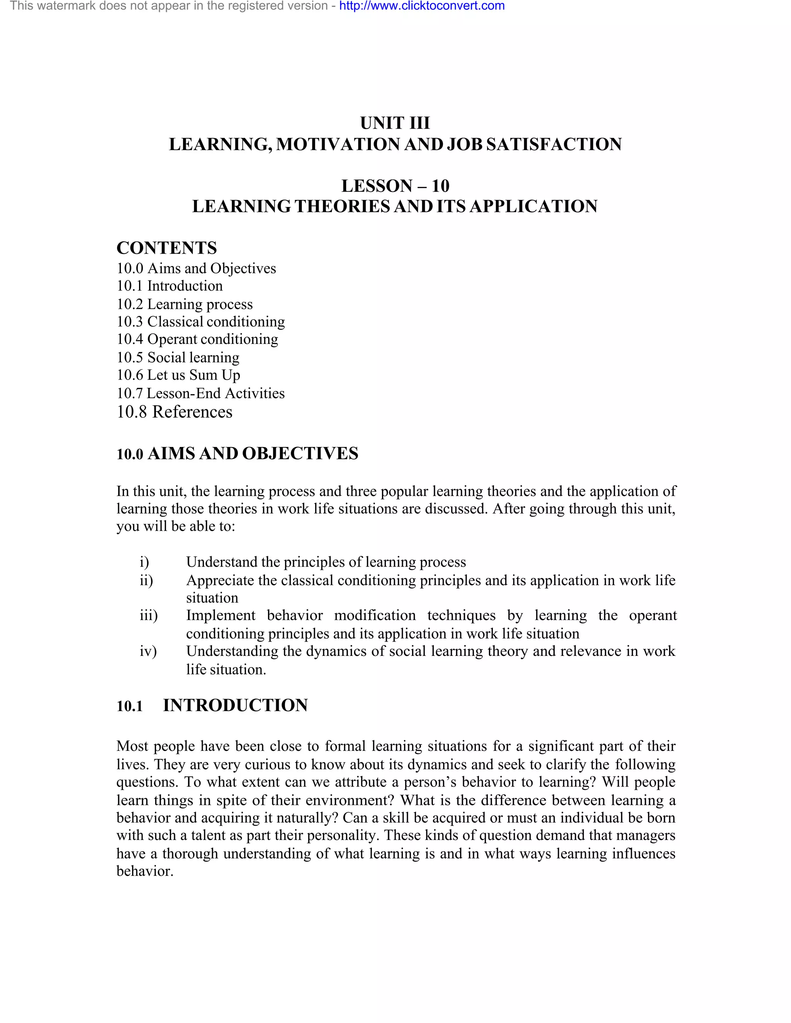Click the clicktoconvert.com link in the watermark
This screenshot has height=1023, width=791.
pyautogui.click(x=422, y=6)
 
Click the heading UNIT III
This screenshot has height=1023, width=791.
pyautogui.click(x=395, y=123)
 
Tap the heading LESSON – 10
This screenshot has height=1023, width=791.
pyautogui.click(x=395, y=186)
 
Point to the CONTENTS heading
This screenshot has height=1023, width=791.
pyautogui.click(x=166, y=248)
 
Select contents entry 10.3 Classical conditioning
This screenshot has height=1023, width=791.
pyautogui.click(x=200, y=322)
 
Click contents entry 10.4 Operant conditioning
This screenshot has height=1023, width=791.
pyautogui.click(x=197, y=339)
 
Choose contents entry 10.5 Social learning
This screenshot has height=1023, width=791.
pyautogui.click(x=178, y=357)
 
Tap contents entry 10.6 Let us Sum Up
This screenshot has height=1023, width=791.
pyautogui.click(x=178, y=375)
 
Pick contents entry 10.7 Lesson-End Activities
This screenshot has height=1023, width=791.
pyautogui.click(x=200, y=393)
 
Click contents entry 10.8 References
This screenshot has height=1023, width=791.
pyautogui.click(x=174, y=412)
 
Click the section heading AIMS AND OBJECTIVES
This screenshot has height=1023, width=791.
pyautogui.click(x=253, y=454)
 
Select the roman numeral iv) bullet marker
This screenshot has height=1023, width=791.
pyautogui.click(x=148, y=651)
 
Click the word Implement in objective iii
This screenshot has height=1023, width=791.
pyautogui.click(x=220, y=615)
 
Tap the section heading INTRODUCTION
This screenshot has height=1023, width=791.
pyautogui.click(x=235, y=705)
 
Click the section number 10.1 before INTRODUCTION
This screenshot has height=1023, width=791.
pyautogui.click(x=130, y=706)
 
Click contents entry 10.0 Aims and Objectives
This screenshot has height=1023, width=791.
pyautogui.click(x=196, y=268)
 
